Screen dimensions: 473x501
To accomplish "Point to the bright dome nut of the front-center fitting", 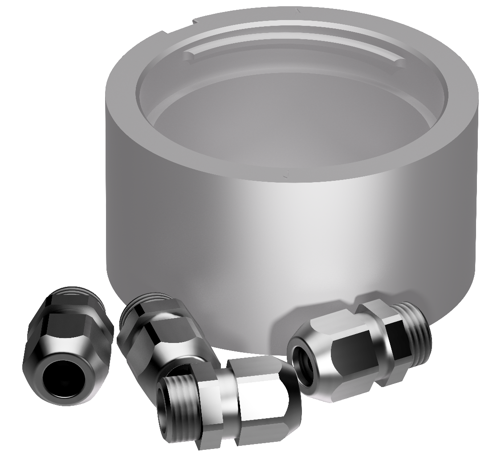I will tap(267, 401).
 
